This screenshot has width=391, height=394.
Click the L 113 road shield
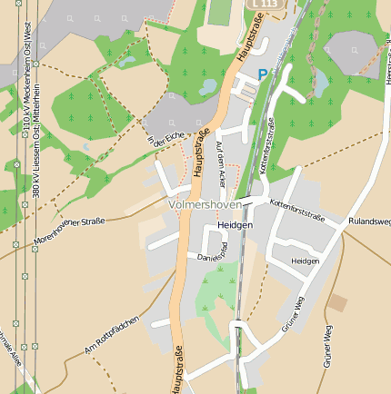point(266,5)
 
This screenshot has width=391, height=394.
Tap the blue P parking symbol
point(263,75)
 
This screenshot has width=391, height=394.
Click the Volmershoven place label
point(205,206)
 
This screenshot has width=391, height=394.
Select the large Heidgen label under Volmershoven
point(235,224)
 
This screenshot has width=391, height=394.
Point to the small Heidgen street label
point(306,261)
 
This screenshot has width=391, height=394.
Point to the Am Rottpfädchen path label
point(111,335)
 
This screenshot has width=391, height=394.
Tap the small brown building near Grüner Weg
point(337,303)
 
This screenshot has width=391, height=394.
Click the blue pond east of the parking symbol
point(321,84)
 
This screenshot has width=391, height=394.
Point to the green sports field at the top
point(220,12)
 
